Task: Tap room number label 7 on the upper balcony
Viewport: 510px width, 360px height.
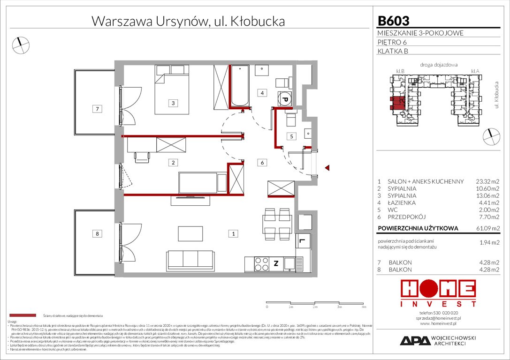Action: [x=97, y=109]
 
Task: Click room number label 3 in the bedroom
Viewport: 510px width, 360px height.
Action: [x=173, y=103]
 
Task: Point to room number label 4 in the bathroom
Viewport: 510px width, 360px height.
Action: [x=263, y=93]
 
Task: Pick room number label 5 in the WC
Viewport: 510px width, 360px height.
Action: [x=291, y=136]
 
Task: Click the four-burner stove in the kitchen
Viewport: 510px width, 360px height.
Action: [x=260, y=265]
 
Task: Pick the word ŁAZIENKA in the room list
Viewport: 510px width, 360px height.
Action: [x=402, y=203]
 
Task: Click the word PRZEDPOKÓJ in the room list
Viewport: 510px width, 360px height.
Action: [x=406, y=217]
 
